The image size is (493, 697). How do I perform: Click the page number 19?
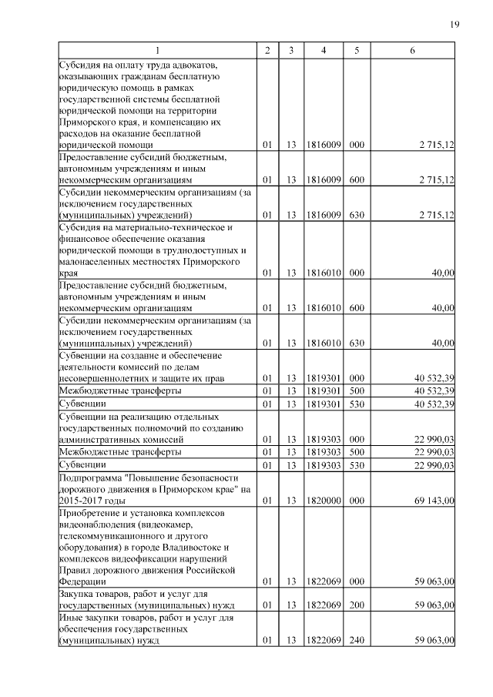454,25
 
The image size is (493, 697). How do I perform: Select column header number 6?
413,51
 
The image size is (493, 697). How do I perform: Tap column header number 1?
157,51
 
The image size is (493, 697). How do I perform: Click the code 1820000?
323,501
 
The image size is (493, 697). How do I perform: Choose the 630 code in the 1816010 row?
356,343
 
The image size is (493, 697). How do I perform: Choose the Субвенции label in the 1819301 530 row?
82,404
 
